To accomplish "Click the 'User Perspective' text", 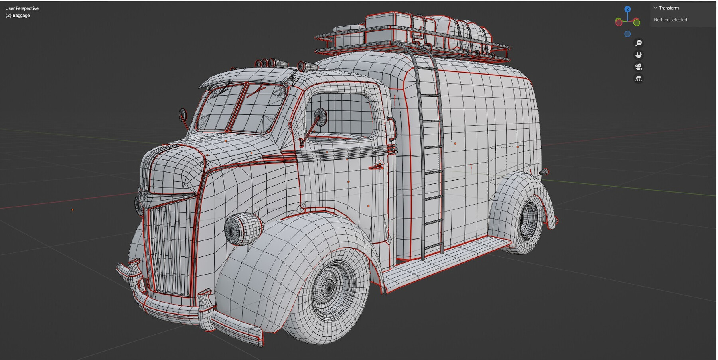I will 22,8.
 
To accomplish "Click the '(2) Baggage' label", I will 18,16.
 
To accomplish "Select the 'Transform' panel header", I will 669,8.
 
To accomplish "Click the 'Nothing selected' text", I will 670,20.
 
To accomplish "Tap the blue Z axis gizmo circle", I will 627,9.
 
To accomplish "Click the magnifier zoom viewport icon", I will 639,43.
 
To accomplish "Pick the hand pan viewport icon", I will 639,55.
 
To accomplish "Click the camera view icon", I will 639,67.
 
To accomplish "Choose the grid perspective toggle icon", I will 639,79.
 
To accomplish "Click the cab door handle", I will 377,166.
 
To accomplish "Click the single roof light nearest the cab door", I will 307,66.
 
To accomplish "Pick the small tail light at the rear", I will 544,172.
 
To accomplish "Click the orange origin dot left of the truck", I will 73,210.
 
